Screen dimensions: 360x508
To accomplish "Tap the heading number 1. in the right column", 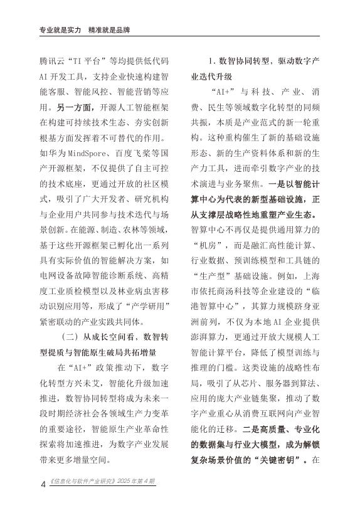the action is pos(213,63).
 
